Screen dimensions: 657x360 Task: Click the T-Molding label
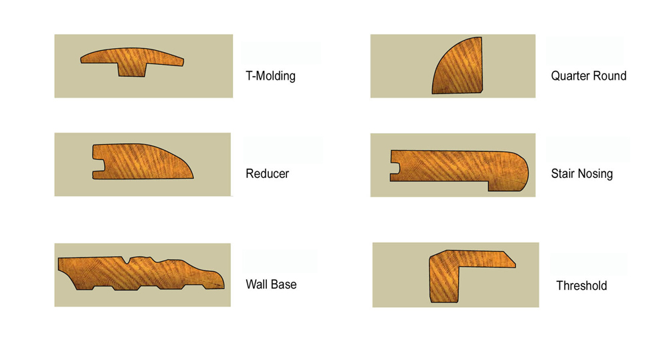point(270,76)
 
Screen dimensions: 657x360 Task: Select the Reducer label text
point(268,173)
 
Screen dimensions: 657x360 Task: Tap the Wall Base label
point(271,284)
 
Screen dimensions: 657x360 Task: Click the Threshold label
point(581,286)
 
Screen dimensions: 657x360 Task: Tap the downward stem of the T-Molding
point(132,70)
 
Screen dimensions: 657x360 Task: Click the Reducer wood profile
point(143,162)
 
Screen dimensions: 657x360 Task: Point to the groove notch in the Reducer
point(99,165)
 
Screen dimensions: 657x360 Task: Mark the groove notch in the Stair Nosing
point(395,169)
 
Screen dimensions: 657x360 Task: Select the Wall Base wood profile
point(140,273)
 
